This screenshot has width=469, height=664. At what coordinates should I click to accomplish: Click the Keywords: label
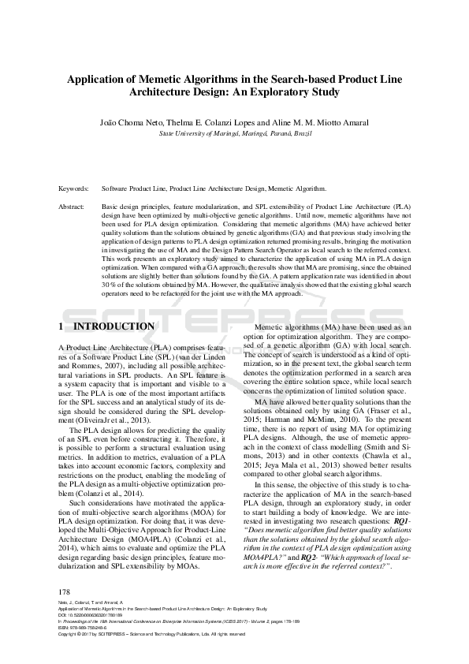coord(74,190)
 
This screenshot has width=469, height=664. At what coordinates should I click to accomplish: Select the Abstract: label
coord(73,206)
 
